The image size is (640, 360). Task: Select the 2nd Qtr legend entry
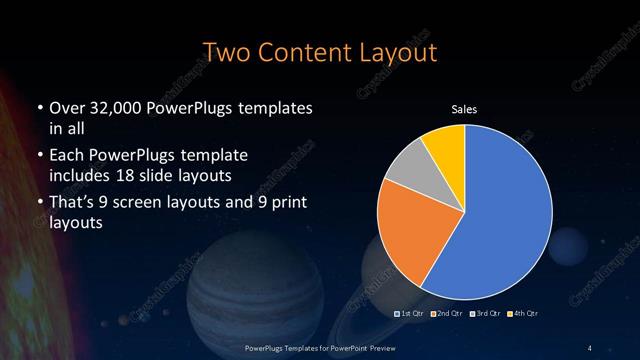tap(446, 314)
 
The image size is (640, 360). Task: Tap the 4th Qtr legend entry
tap(522, 314)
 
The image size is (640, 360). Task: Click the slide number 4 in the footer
tap(590, 347)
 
